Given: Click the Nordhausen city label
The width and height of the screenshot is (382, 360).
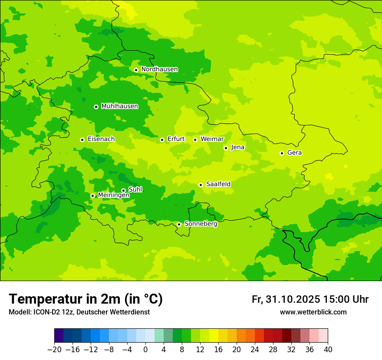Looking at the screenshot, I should coord(159,69).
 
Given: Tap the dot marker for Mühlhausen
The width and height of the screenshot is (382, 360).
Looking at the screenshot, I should coord(96,107).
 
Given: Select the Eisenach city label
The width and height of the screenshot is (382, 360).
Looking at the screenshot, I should coord(101,139).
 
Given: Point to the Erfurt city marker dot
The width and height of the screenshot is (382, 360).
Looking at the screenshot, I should coord(162,140).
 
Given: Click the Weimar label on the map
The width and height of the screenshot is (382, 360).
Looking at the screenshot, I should coord(212,139).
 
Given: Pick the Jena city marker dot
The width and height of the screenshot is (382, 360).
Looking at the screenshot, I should coord(226,148).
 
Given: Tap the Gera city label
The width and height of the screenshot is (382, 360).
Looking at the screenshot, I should coord(294,153).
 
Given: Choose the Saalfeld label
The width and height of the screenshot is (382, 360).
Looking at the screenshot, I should coord(218,184).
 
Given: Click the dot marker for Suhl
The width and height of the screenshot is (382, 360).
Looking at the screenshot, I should coord(123,190).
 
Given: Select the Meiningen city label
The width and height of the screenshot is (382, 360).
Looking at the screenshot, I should coord(113,196).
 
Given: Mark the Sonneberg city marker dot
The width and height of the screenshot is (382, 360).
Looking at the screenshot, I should coord(179,224).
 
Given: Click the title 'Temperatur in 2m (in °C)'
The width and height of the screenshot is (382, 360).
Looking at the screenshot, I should coord(86,299).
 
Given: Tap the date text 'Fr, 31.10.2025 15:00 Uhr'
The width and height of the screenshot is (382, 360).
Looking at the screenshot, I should coord(310,300).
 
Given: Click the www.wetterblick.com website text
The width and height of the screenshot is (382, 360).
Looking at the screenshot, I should coord(313,312).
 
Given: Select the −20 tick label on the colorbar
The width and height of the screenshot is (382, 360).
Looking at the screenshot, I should coord(54,350).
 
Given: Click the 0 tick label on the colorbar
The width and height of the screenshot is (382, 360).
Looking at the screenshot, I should coord(145,350).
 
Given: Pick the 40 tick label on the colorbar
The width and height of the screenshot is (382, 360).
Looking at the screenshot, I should coord(328,350).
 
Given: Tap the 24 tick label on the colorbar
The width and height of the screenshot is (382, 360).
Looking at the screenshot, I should coord(255,350).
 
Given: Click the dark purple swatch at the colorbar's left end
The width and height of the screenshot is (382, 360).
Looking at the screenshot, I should coord(59,336).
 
